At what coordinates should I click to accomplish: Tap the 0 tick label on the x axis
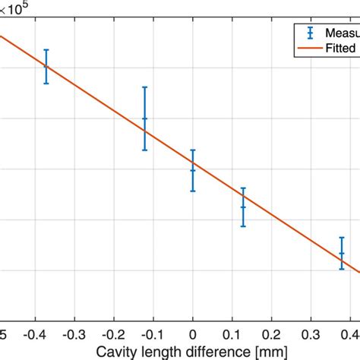click(x=193, y=335)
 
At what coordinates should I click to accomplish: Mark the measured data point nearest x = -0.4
click(x=46, y=66)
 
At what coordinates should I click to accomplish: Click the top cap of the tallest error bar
click(x=144, y=87)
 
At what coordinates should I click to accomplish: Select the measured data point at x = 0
click(x=193, y=170)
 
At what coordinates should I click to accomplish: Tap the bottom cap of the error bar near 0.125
click(x=243, y=226)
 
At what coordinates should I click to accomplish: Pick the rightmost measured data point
click(x=342, y=254)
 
